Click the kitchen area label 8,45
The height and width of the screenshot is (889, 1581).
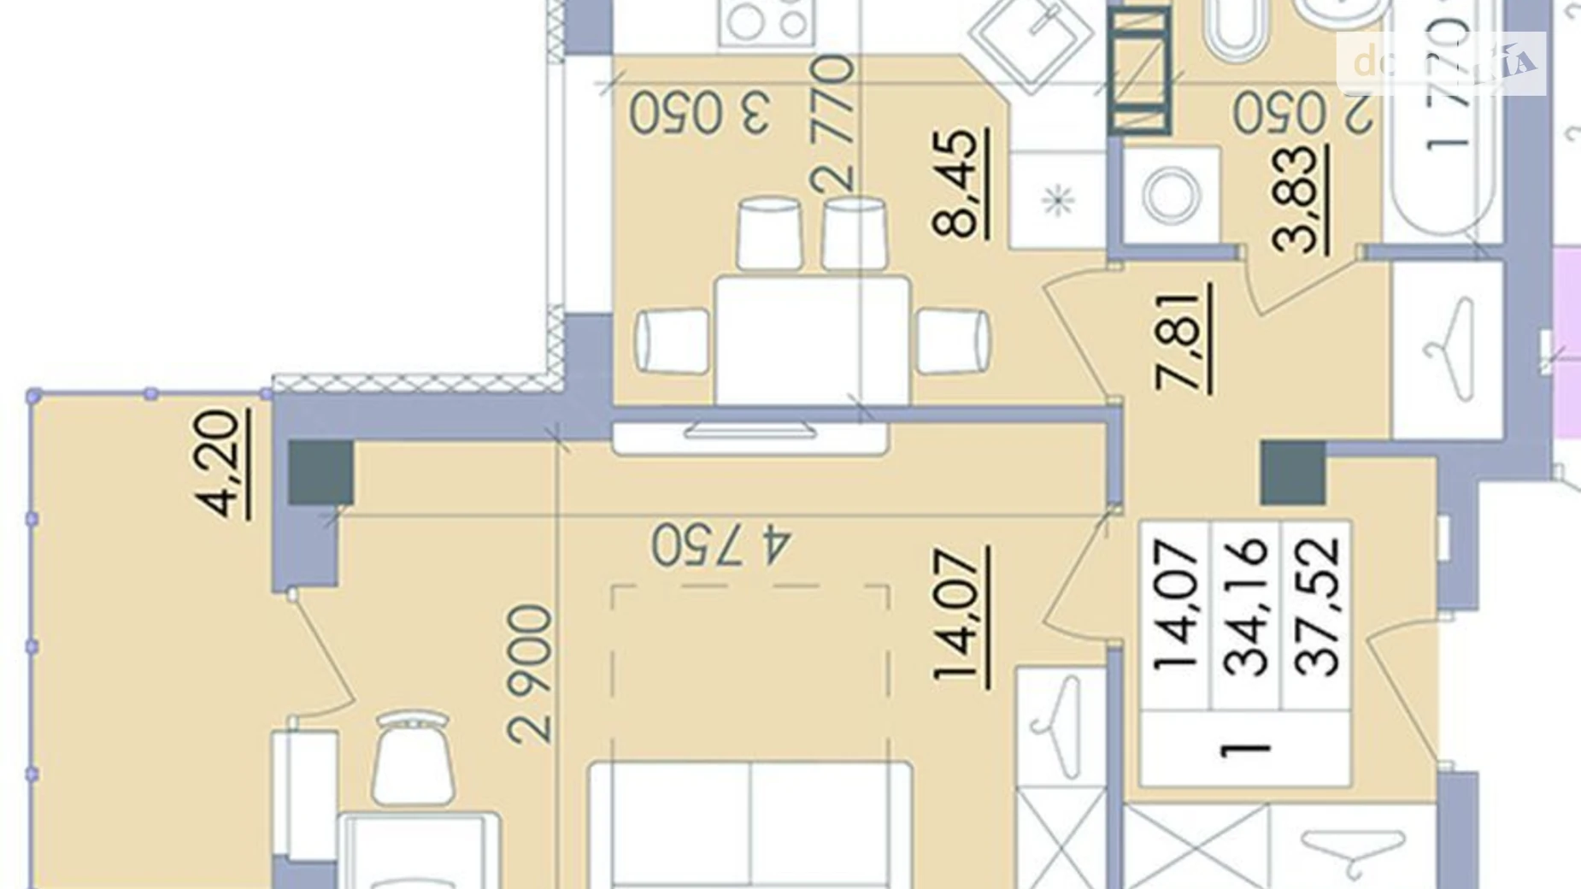point(958,183)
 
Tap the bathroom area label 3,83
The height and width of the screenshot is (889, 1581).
point(1296,199)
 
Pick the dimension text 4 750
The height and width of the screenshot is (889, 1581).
point(721,545)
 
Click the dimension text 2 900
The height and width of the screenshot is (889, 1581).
point(530,674)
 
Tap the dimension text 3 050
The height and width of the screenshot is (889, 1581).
point(700,113)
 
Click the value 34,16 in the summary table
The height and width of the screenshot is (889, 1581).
point(1245,607)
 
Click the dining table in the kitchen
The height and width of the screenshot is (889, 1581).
point(812,339)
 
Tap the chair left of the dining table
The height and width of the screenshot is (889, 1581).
point(673,340)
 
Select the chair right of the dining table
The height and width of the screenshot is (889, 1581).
point(953,341)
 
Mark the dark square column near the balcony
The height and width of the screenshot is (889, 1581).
point(320,472)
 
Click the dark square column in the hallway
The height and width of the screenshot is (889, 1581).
point(1293,473)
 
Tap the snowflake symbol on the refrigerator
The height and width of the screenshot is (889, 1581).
point(1058,202)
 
